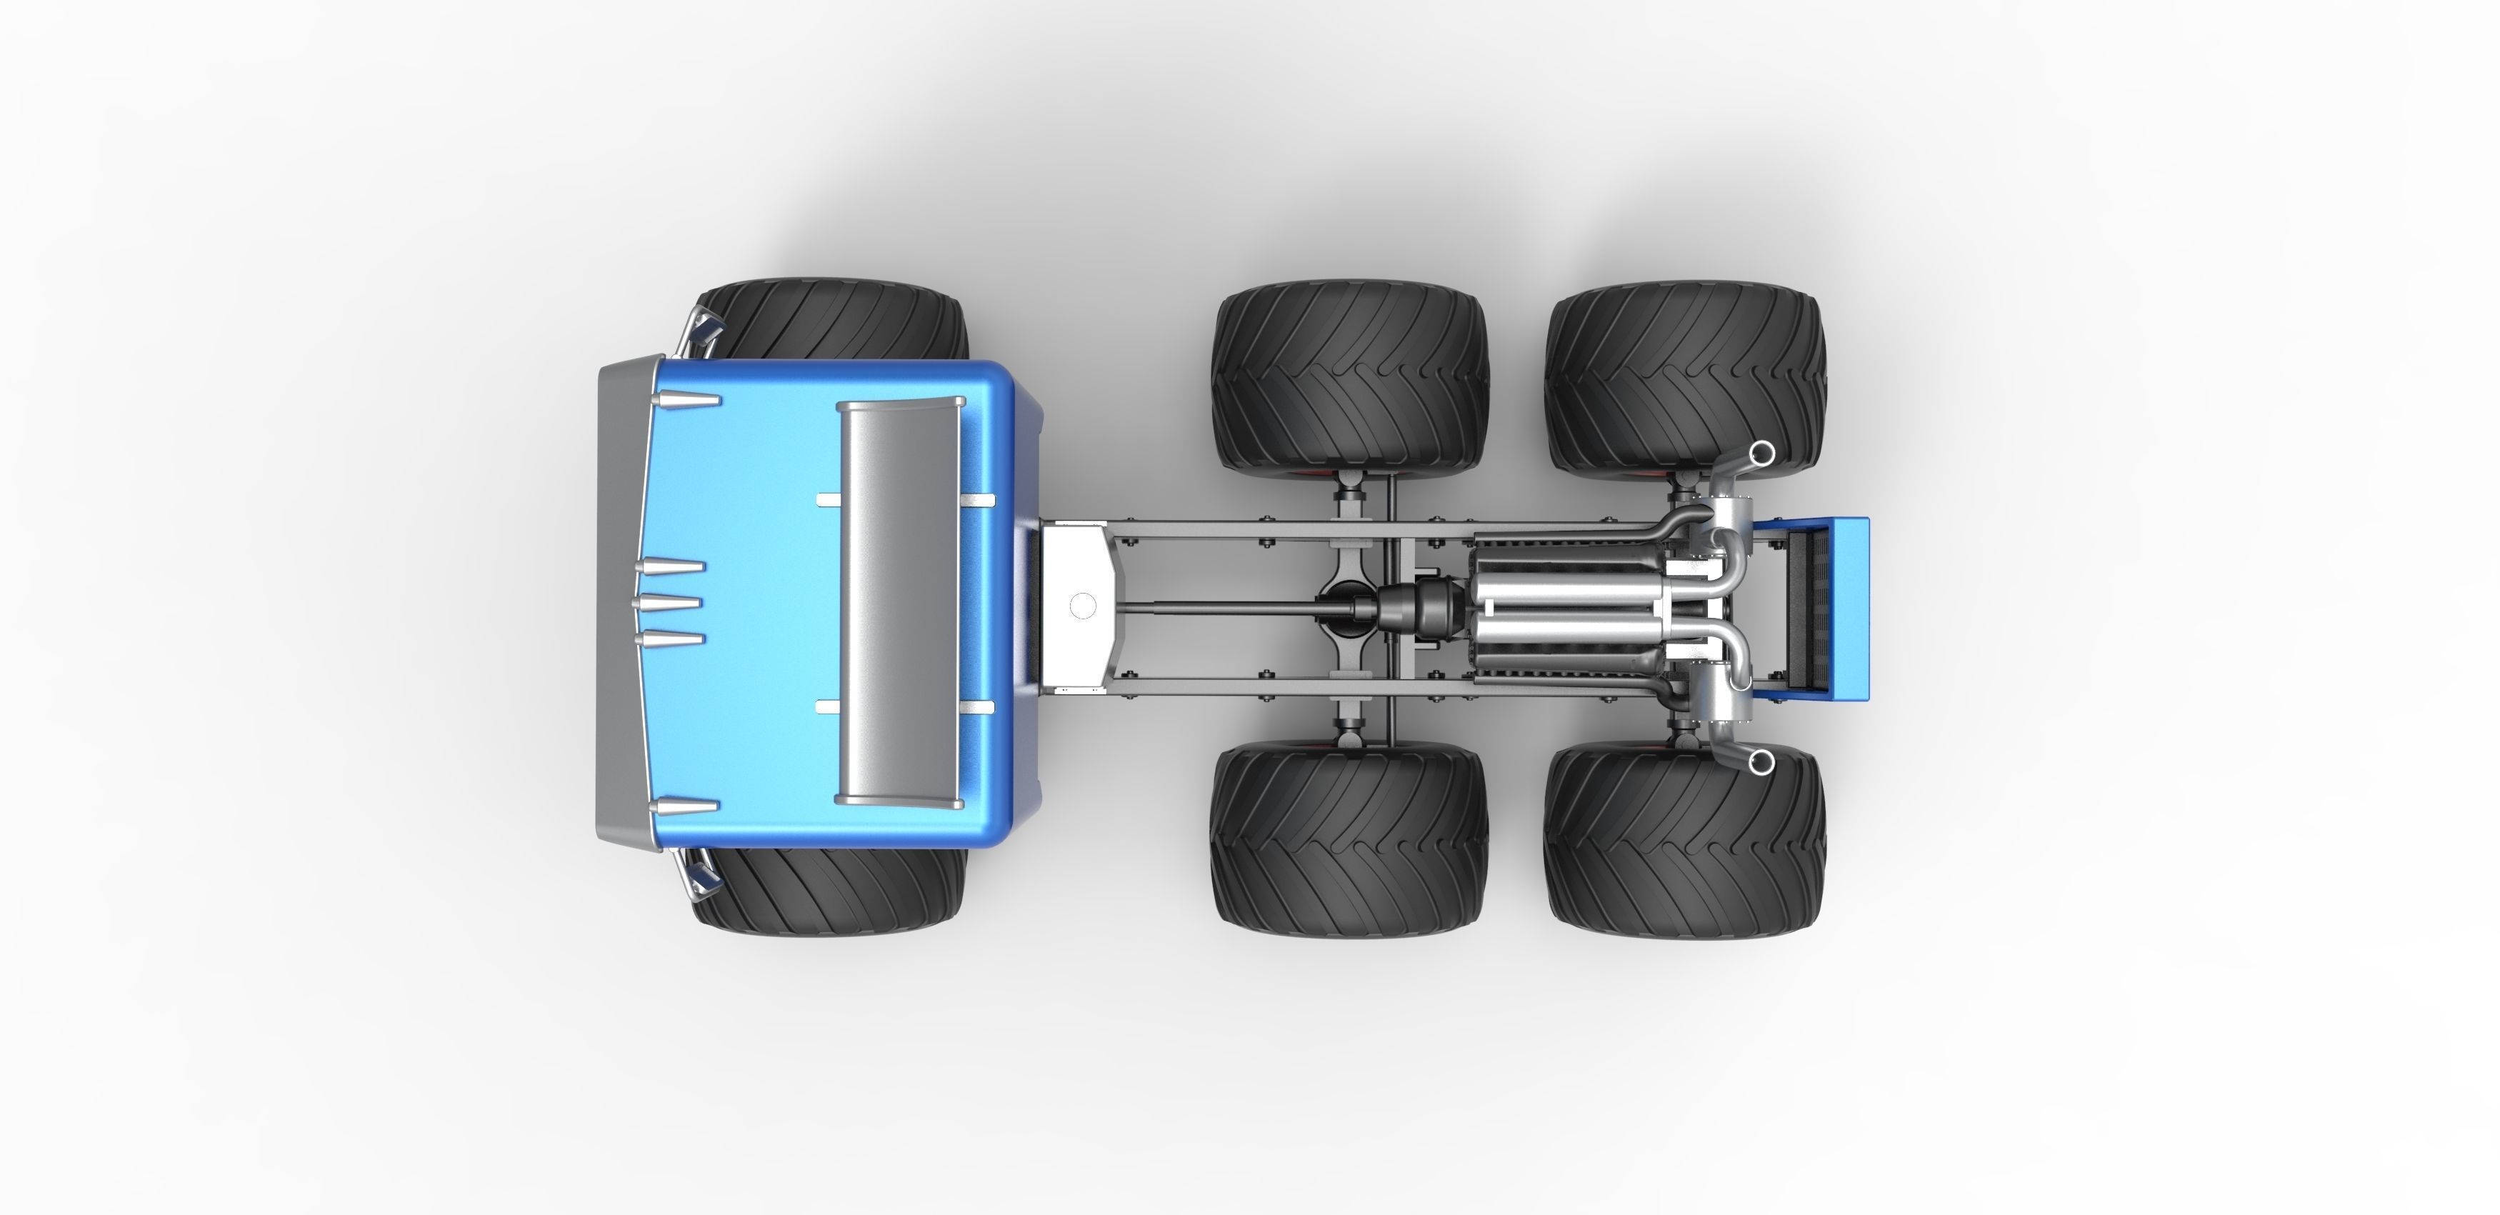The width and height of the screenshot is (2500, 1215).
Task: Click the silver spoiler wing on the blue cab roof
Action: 898,604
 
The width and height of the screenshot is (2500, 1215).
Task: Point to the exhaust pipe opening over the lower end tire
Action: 1759,763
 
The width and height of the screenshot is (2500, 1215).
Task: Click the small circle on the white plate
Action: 1082,606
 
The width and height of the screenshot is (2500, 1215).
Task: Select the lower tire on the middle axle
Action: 1349,839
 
